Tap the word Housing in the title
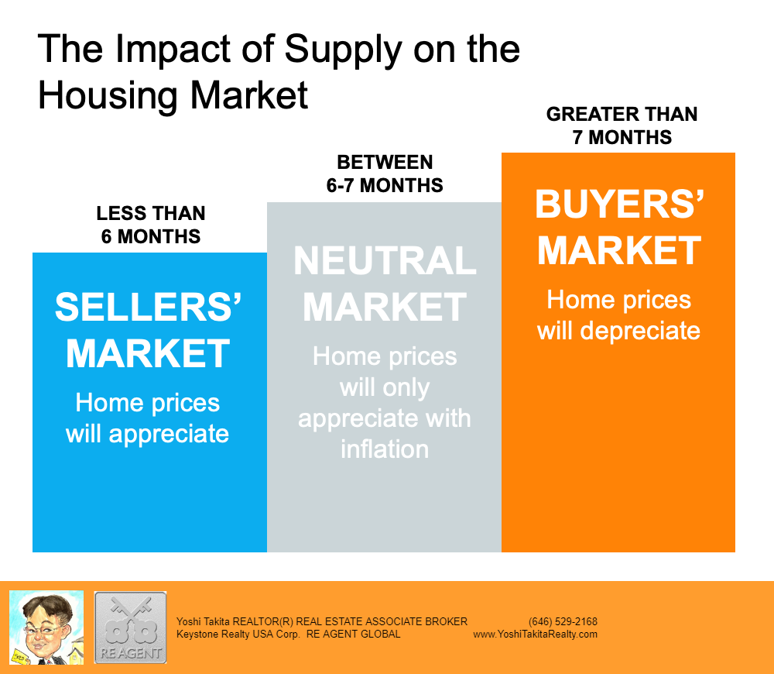[108, 96]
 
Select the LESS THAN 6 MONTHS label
[151, 225]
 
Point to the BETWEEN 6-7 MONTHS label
[385, 174]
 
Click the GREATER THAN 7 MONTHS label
[622, 126]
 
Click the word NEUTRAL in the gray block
[385, 260]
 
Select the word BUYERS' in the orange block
[619, 204]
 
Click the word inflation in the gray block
[385, 449]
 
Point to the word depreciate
[640, 332]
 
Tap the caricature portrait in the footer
[46, 628]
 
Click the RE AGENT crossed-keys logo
[130, 628]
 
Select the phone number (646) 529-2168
[563, 621]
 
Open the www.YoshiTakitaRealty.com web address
[535, 634]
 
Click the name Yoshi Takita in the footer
[203, 621]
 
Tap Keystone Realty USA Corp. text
[238, 634]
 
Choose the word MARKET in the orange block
[619, 250]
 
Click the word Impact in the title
[173, 50]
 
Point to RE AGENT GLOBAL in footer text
[354, 634]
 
